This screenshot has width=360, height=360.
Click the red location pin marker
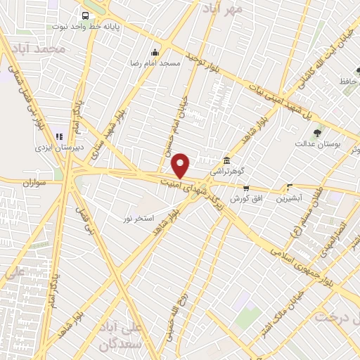181,165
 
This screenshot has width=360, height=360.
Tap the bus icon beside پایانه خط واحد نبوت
85,15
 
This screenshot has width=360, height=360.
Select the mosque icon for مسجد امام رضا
155,52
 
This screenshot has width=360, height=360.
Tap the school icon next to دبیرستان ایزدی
59,136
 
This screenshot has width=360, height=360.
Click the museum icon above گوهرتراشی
226,160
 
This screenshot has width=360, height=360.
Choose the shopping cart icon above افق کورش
245,188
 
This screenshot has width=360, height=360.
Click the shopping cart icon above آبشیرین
289,187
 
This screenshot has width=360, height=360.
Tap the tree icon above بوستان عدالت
318,131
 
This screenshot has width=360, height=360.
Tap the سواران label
32,182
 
